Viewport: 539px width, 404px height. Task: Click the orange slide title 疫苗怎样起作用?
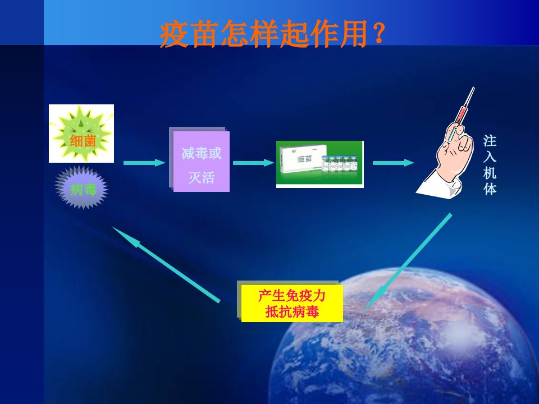[272, 34]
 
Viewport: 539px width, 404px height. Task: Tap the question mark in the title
[378, 34]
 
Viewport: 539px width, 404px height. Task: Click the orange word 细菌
[83, 141]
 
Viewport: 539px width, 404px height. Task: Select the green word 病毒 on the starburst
[83, 189]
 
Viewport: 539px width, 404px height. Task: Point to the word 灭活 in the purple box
[202, 178]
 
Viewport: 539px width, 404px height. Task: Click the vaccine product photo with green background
[319, 164]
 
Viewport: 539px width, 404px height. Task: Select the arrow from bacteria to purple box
[144, 163]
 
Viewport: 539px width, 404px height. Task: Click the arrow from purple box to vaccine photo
[254, 163]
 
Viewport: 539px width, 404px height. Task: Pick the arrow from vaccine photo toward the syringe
[394, 163]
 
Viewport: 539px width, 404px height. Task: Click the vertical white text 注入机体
[490, 165]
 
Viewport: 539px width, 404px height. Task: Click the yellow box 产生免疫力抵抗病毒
[292, 304]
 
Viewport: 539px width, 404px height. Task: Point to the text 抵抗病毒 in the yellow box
[292, 312]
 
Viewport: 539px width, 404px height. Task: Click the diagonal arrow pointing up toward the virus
[166, 264]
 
